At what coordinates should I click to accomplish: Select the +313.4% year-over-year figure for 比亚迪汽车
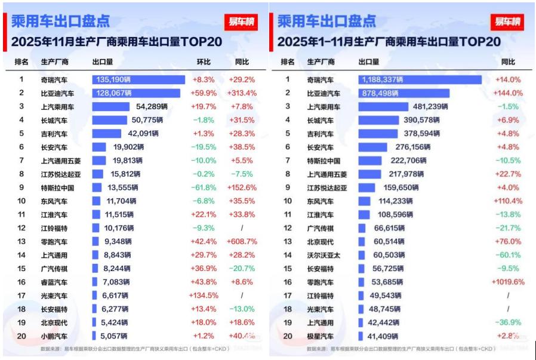pyautogui.click(x=241, y=93)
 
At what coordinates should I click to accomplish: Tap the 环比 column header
pyautogui.click(x=204, y=61)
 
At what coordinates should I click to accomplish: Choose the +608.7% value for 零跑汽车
pyautogui.click(x=241, y=242)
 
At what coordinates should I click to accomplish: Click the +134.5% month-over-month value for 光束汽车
pyautogui.click(x=203, y=296)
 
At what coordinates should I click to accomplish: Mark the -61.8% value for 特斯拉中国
pyautogui.click(x=204, y=187)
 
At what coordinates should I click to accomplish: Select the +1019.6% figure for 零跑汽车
pyautogui.click(x=508, y=282)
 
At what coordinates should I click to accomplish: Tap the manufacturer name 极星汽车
pyautogui.click(x=321, y=336)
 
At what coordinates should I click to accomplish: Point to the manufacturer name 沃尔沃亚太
pyautogui.click(x=323, y=255)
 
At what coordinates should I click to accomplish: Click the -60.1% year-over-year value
pyautogui.click(x=508, y=255)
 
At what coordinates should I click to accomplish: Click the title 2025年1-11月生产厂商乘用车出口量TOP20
pyautogui.click(x=389, y=41)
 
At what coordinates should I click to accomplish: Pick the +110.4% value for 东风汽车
pyautogui.click(x=508, y=201)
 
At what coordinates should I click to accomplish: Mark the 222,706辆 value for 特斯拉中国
pyautogui.click(x=407, y=161)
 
